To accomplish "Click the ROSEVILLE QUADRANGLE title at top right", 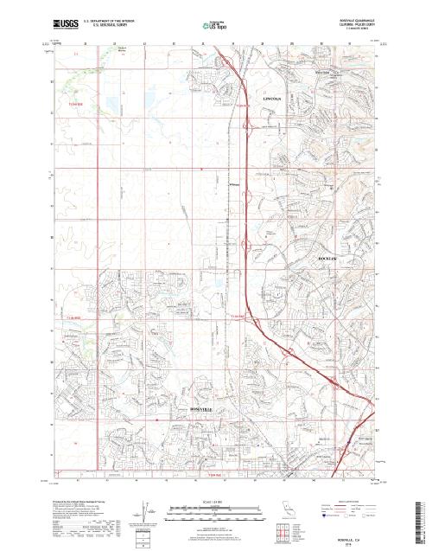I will click(349, 17).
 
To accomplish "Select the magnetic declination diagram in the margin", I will click(148, 509).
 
